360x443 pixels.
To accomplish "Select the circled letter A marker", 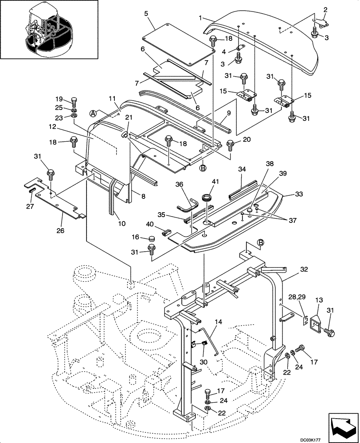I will [x=94, y=113].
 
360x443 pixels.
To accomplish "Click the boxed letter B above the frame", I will [x=261, y=242].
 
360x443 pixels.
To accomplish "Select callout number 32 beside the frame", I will [x=291, y=269].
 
